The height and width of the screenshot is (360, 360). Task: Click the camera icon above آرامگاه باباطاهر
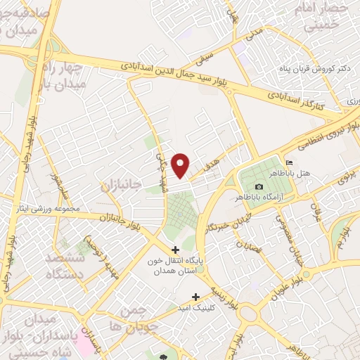(259, 186)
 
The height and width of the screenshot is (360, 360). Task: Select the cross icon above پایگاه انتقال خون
(175, 250)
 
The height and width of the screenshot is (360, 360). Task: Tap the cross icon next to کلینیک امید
(196, 296)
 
